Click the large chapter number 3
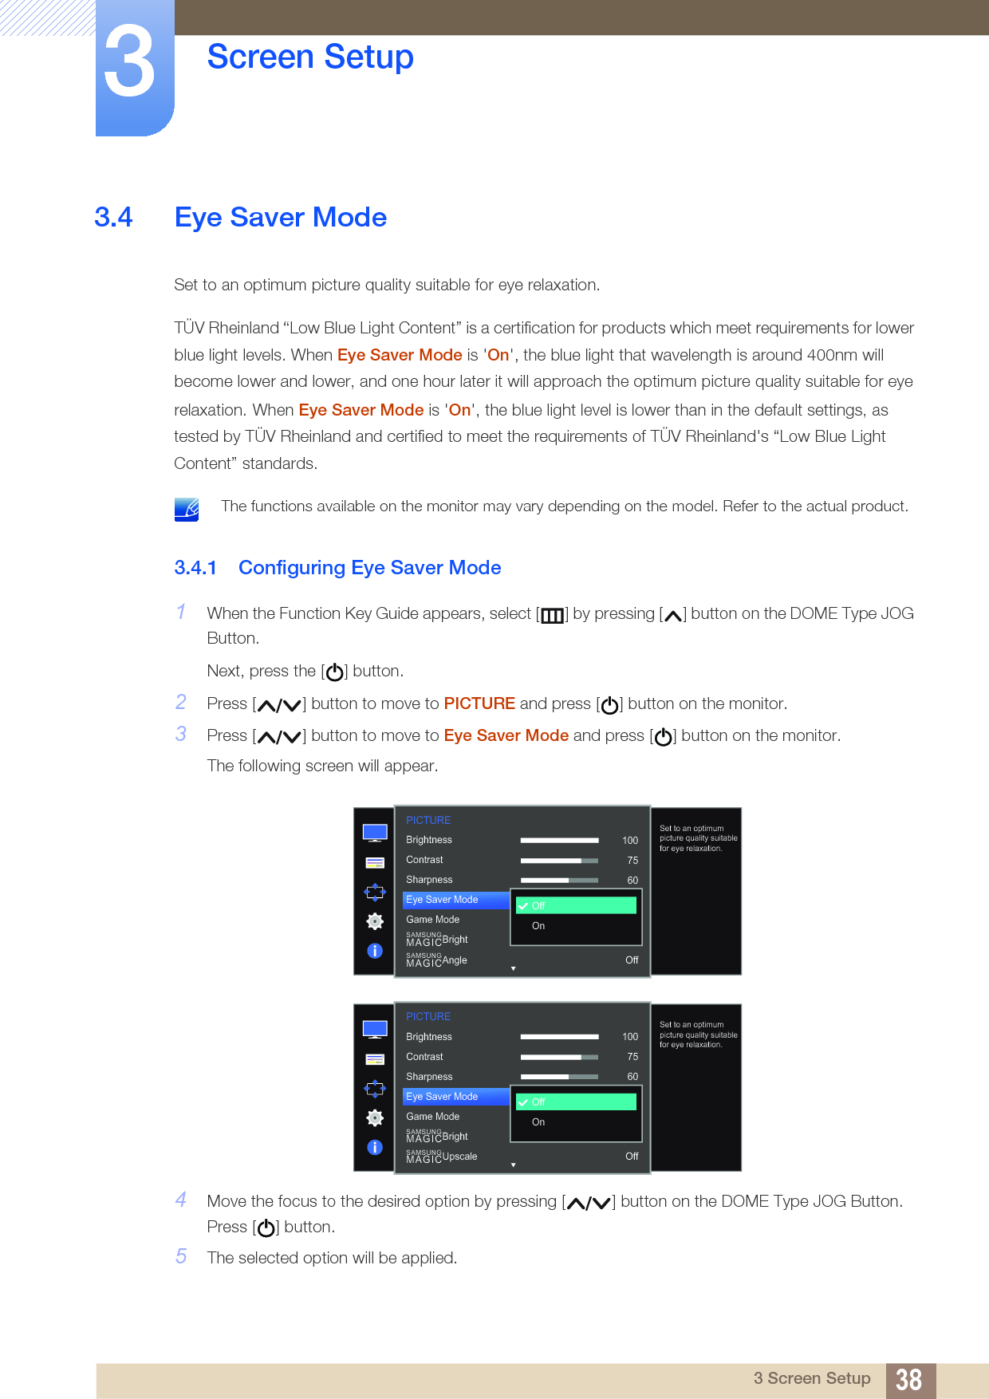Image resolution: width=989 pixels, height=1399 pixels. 129,62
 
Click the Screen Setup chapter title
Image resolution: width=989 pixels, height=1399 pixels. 310,57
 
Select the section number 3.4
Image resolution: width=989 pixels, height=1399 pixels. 113,217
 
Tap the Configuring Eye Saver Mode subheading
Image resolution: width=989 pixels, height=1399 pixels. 369,567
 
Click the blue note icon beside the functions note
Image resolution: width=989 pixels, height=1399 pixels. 187,509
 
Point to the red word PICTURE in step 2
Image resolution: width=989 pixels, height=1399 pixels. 479,703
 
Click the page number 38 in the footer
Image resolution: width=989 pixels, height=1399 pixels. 908,1379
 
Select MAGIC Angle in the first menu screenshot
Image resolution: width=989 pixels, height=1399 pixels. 437,960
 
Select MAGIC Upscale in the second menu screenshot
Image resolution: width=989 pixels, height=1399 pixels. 442,1157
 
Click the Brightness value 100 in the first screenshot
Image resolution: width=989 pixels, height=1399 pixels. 630,840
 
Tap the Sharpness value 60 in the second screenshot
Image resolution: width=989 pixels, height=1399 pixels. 632,1077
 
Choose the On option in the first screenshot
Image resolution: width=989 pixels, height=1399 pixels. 538,926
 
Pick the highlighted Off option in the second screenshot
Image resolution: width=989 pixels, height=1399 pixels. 576,1101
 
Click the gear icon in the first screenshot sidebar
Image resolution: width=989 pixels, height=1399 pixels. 375,921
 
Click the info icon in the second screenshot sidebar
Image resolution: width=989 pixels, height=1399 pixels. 375,1147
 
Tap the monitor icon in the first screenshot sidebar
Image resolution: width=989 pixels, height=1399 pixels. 375,833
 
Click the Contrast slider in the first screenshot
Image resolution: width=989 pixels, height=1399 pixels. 559,861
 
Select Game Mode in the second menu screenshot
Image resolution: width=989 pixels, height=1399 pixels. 433,1117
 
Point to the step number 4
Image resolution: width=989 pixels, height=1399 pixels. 181,1200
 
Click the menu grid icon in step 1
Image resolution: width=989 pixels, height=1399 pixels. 552,615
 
